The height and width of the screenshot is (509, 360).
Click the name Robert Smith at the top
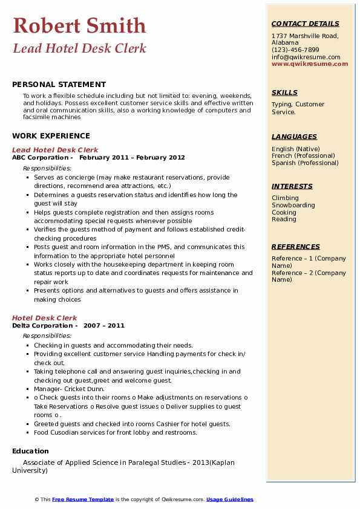coord(79,25)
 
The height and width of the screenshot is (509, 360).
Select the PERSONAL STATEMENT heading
coord(59,85)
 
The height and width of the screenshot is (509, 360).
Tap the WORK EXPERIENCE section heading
coord(51,136)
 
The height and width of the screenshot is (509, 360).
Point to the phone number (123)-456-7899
coord(295,50)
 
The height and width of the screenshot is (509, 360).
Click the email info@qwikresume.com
coord(306,57)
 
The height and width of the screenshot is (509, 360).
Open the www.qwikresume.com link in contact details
coord(310,63)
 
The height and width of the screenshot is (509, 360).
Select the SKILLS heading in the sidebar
coord(284,92)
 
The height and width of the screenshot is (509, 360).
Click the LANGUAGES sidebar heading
coord(294,137)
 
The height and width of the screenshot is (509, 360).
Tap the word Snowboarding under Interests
coord(293,206)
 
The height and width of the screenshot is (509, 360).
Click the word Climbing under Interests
coord(285,198)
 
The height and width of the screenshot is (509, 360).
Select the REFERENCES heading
coord(296,247)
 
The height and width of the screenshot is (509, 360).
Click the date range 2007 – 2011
coord(104,326)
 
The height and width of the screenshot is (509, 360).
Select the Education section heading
coord(30,451)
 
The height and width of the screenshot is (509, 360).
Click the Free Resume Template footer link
coord(83,499)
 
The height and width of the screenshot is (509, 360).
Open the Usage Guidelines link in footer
coord(230,499)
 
